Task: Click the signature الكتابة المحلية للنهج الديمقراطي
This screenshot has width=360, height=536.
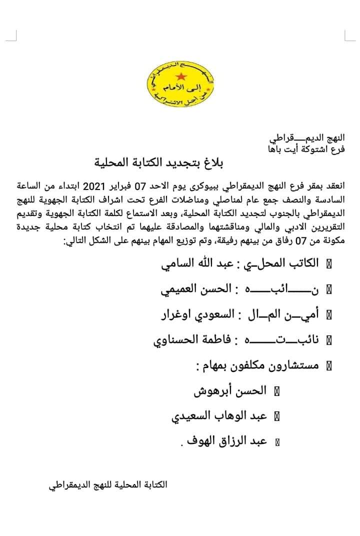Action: pos(108,484)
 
